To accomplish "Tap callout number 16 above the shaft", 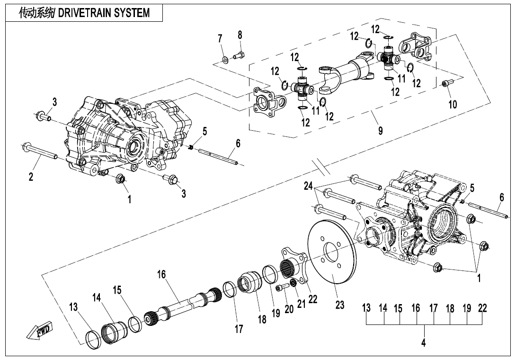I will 162,275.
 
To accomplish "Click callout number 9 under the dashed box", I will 380,130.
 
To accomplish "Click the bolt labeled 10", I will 446,84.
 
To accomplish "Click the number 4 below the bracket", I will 424,343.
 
